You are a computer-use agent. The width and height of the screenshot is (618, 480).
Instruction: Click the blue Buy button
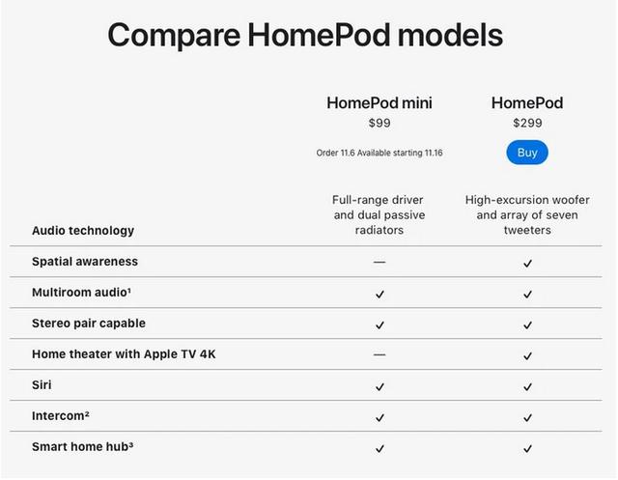[527, 153]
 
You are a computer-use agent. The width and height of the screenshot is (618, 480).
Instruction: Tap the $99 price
[379, 123]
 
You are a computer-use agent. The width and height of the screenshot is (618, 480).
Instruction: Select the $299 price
[527, 123]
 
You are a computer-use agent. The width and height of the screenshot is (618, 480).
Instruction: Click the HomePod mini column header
[379, 102]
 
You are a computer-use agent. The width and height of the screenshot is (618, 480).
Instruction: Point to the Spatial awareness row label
[85, 262]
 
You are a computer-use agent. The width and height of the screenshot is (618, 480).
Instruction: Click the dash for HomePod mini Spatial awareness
[379, 262]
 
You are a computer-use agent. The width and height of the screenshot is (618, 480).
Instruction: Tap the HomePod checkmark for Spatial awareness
[528, 264]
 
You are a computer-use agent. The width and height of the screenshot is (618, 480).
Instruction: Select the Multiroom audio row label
[81, 292]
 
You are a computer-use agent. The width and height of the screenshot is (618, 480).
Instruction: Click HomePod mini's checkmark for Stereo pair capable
[379, 325]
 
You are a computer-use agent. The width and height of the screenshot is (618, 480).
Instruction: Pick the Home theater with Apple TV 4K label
[124, 353]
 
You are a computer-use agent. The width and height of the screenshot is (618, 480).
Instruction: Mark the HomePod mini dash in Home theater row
[379, 354]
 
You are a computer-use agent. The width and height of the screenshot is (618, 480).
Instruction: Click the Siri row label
[42, 384]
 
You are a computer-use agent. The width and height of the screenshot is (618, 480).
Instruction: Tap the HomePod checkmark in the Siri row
[528, 387]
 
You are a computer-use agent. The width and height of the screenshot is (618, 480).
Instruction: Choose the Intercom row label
[61, 415]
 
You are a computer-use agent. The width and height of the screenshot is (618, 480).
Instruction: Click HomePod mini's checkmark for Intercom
[379, 418]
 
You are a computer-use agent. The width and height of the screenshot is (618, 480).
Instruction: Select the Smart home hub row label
[82, 446]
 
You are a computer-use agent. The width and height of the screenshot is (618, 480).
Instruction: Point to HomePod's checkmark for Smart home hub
[528, 448]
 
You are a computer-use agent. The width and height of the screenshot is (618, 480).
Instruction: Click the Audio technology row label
[83, 231]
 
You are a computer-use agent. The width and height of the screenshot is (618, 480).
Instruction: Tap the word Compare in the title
[174, 35]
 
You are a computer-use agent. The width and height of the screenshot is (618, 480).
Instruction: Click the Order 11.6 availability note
[379, 153]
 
